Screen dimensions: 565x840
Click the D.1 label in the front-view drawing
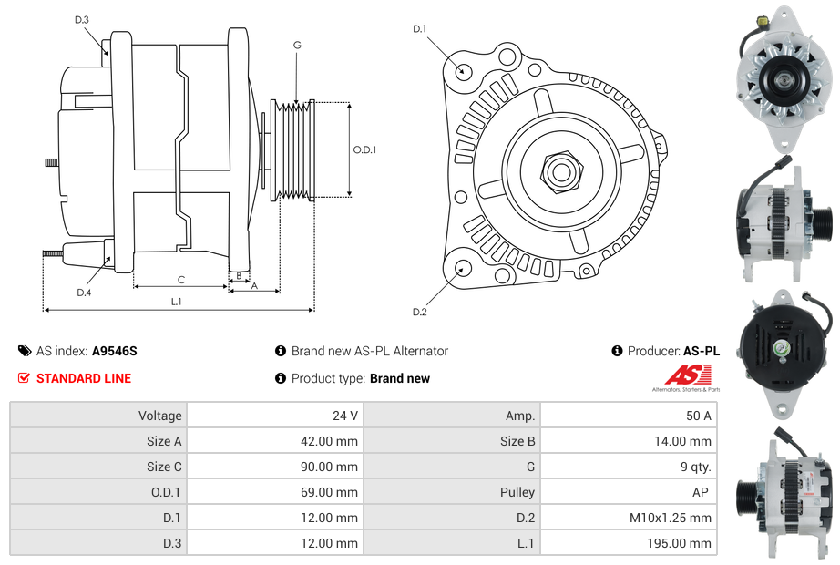coord(419,29)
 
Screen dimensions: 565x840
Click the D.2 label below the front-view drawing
coord(419,313)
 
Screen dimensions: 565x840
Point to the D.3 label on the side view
coord(82,19)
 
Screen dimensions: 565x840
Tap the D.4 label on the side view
coord(84,293)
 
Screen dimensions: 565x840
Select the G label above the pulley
coord(297,45)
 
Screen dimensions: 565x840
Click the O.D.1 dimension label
coord(364,149)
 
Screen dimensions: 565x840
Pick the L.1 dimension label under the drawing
coord(177,302)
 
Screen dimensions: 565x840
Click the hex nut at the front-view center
coord(560,170)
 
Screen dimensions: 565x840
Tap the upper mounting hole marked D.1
coord(463,70)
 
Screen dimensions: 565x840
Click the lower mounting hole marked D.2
coord(463,268)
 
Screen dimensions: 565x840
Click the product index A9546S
coord(115,351)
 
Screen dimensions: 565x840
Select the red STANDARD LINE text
coord(84,378)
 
